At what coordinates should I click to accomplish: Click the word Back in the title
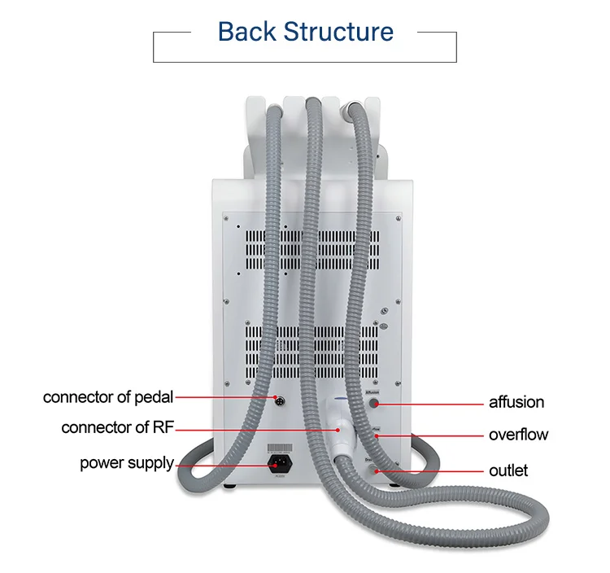(x=246, y=32)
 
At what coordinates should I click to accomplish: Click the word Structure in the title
(x=338, y=32)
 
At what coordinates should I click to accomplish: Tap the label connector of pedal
(x=108, y=397)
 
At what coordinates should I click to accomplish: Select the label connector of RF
(x=118, y=427)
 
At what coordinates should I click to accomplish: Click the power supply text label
(x=126, y=463)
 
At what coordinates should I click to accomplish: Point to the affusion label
(x=516, y=402)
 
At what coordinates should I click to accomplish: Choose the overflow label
(x=518, y=435)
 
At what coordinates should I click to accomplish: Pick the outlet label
(x=508, y=470)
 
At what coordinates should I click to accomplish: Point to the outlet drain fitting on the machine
(x=373, y=470)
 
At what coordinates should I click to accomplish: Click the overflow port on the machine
(x=376, y=437)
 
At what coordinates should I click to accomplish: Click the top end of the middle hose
(x=312, y=103)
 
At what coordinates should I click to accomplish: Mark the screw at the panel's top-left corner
(x=228, y=217)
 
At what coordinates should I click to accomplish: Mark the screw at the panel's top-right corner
(x=398, y=217)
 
